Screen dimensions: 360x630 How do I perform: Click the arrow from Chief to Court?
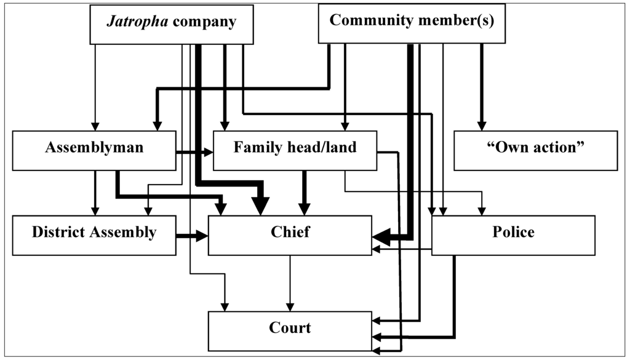click(x=290, y=283)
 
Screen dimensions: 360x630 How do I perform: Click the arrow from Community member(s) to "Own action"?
click(x=481, y=86)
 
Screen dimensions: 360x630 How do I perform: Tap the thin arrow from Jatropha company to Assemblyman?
click(x=95, y=86)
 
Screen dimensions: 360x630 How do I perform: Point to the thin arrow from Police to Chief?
click(x=403, y=249)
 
